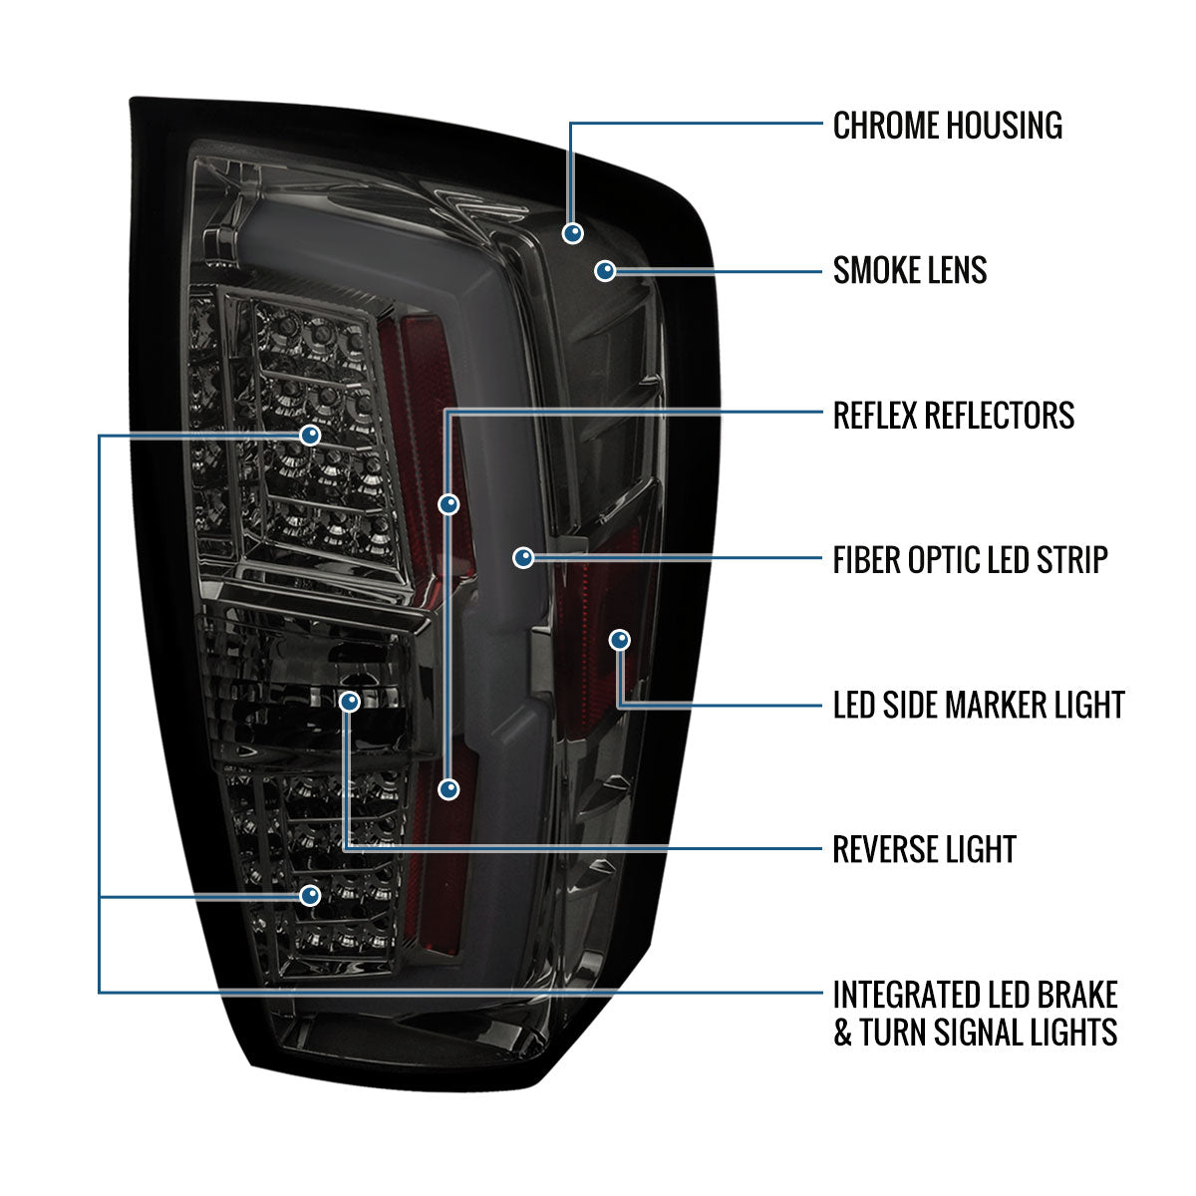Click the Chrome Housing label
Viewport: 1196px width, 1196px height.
[947, 126]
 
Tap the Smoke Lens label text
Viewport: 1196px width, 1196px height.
[909, 270]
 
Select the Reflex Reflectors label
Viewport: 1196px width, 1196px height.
[953, 415]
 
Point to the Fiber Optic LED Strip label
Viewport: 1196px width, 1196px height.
[970, 559]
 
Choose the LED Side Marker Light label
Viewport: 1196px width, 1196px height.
[978, 705]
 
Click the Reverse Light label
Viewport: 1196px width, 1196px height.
[924, 849]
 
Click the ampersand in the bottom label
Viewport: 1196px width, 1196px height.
[843, 1033]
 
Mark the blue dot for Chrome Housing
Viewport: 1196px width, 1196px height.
[572, 233]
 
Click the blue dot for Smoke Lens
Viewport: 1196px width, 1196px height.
[605, 270]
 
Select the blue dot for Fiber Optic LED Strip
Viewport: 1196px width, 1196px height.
[523, 558]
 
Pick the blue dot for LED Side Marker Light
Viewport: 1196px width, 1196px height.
[619, 639]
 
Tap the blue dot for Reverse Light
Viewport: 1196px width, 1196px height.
[349, 702]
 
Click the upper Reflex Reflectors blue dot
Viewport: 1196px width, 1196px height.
[449, 504]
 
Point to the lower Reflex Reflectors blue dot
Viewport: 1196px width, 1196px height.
[449, 789]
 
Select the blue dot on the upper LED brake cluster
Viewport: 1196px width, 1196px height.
[310, 436]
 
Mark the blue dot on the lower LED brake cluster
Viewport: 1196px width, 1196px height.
[311, 895]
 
